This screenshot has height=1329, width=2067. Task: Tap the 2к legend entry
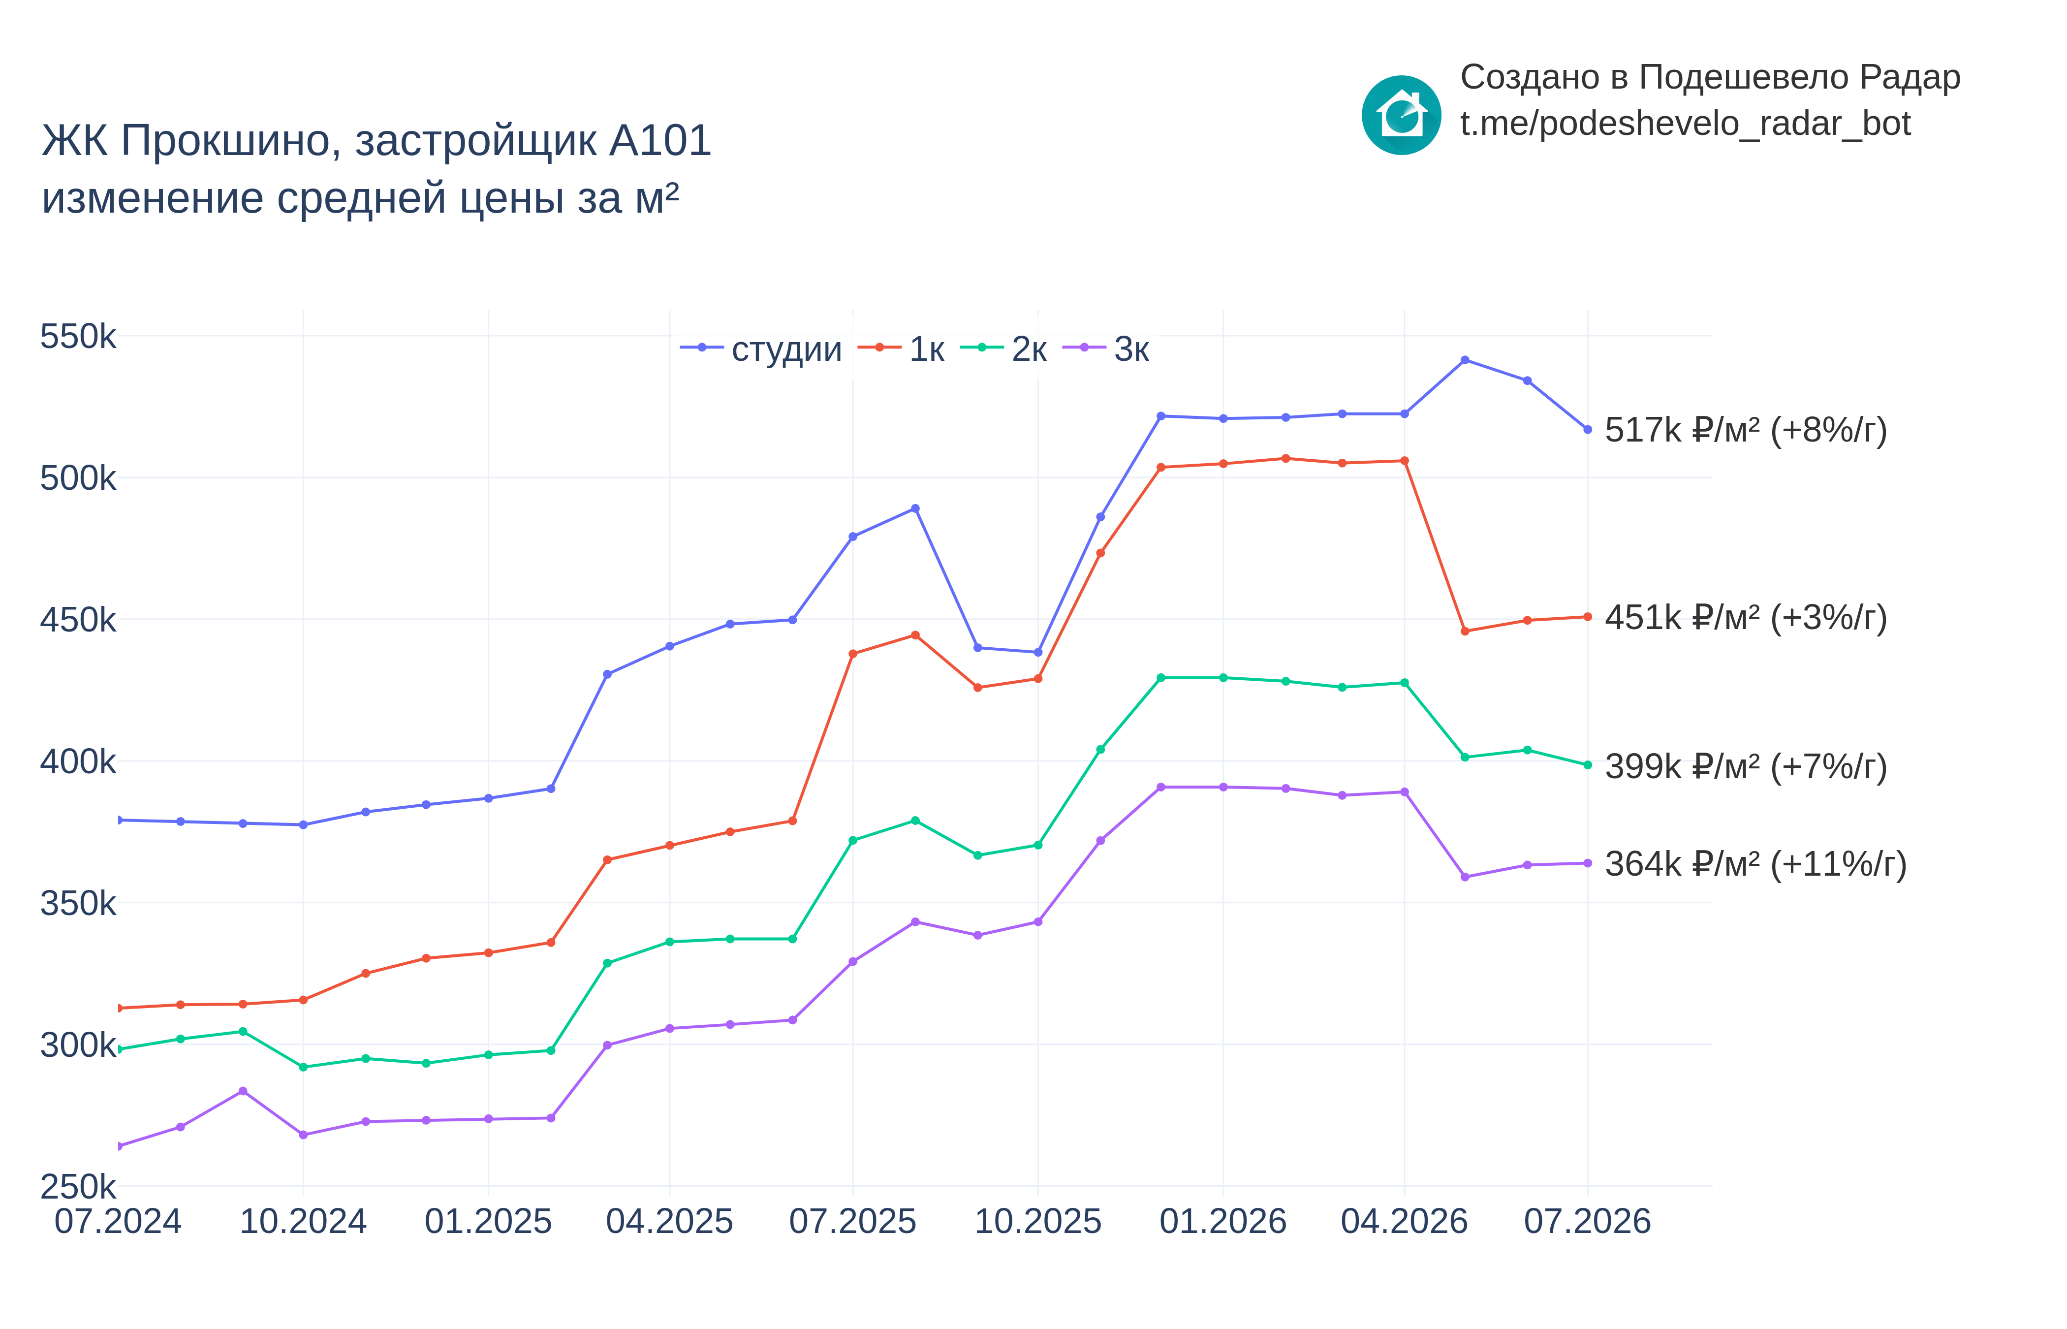pos(1003,348)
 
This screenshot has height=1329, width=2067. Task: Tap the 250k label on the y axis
pos(78,1187)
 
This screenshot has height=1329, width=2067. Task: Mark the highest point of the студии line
pos(1465,360)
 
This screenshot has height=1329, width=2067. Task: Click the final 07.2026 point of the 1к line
pos(1587,617)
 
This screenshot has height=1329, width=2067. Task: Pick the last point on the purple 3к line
pos(1587,863)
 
